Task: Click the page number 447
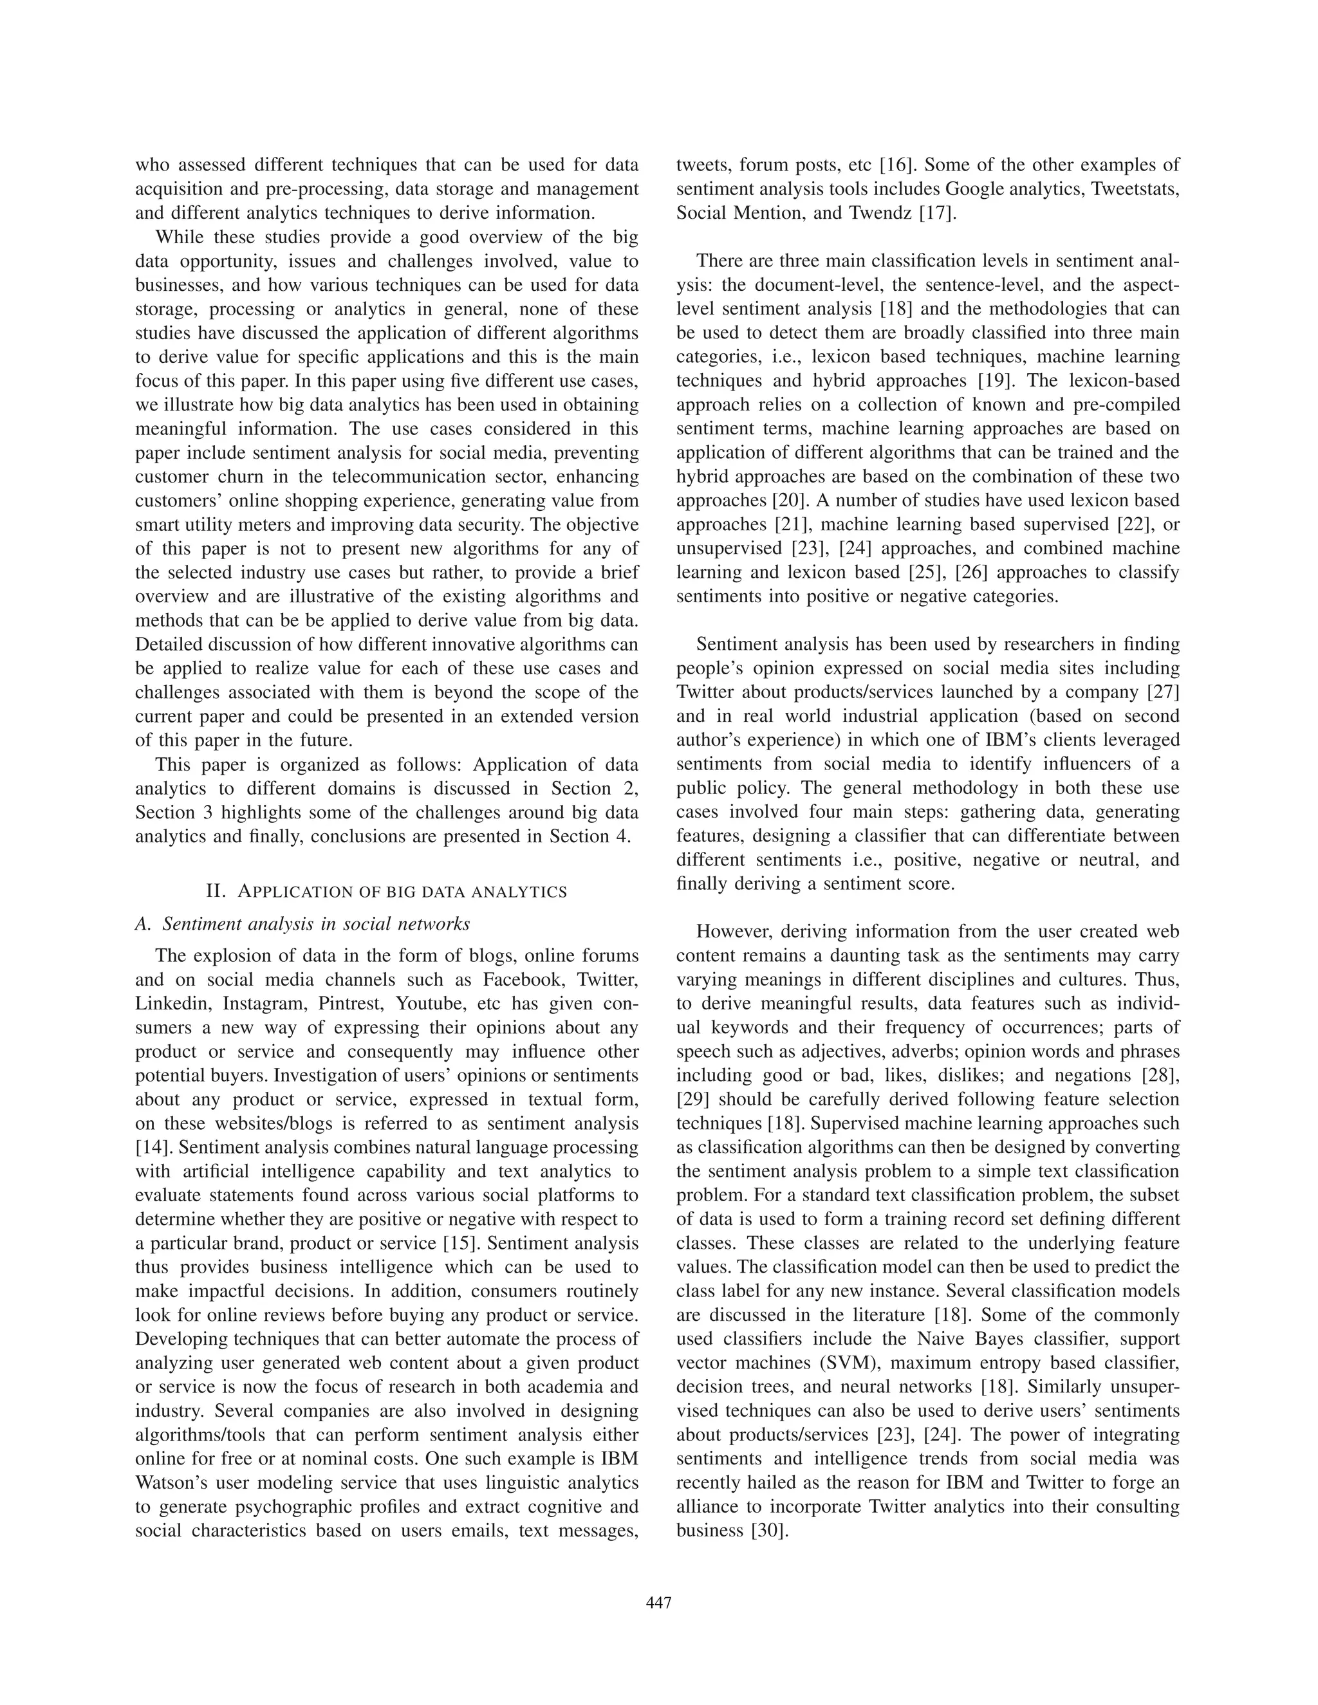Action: [659, 1603]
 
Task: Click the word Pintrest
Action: [344, 1004]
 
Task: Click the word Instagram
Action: [263, 1004]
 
